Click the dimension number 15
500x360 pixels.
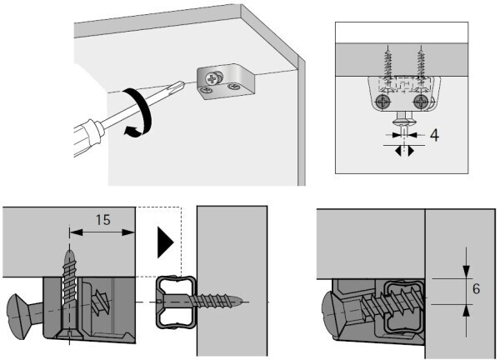point(103,220)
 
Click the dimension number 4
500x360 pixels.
point(434,135)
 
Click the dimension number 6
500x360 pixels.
point(476,289)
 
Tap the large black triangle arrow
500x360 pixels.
point(166,242)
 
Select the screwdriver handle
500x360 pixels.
point(87,137)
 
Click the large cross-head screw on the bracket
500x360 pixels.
point(212,78)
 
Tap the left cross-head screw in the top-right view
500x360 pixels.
point(382,102)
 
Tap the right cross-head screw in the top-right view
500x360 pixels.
point(421,102)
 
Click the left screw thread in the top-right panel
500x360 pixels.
point(388,64)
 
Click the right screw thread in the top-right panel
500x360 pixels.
point(421,64)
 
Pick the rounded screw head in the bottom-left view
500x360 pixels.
point(17,317)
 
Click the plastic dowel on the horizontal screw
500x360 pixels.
point(175,302)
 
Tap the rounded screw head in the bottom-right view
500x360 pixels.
point(332,315)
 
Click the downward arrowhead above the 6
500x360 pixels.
point(466,271)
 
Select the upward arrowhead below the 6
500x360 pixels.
point(466,311)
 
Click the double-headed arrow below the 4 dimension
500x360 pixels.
point(404,150)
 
